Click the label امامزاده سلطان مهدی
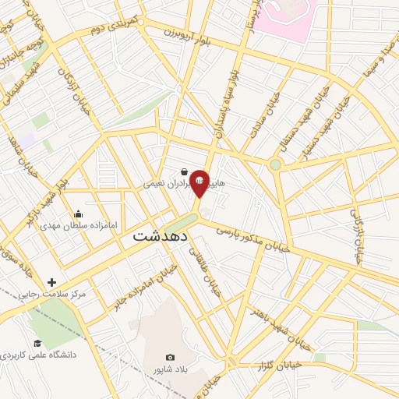(x=79, y=225)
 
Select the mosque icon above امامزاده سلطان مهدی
(x=78, y=214)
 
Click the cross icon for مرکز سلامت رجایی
(x=52, y=282)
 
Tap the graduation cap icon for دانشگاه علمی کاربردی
(x=37, y=344)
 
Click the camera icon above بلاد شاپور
(x=171, y=357)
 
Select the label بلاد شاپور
(x=171, y=369)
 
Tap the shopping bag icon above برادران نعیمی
(x=183, y=172)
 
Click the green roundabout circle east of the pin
(x=275, y=164)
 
